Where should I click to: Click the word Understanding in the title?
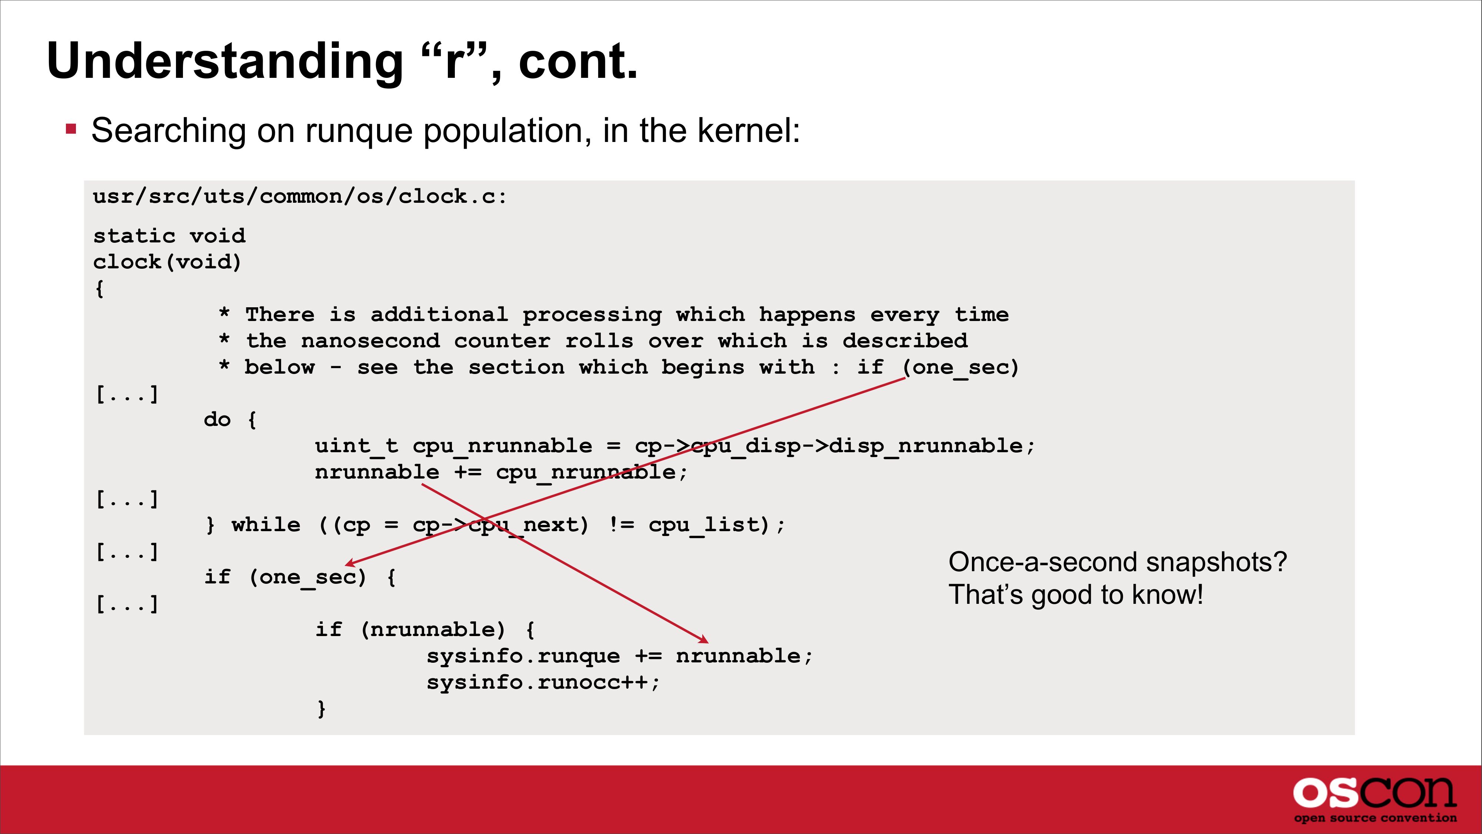click(x=226, y=62)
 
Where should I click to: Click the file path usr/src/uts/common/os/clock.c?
click(x=300, y=196)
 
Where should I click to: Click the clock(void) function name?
click(x=167, y=262)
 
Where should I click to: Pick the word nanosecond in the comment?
click(x=370, y=341)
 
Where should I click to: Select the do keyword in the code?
click(x=217, y=420)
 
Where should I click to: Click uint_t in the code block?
click(x=357, y=446)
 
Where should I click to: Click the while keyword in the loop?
click(x=266, y=525)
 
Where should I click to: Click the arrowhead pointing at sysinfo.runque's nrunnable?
click(x=704, y=639)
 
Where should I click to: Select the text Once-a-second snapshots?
click(x=1117, y=562)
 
